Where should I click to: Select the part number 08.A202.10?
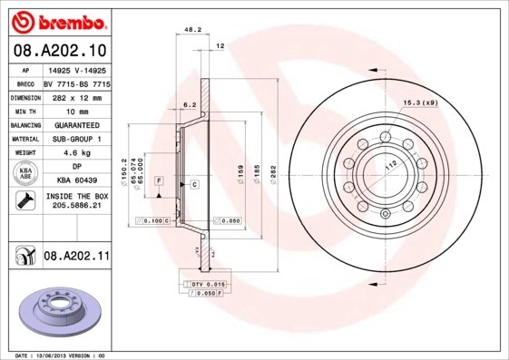click(59, 50)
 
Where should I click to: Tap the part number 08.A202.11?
click(76, 258)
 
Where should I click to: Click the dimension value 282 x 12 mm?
click(76, 96)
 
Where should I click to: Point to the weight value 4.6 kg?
click(76, 153)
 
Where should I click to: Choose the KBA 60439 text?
click(76, 181)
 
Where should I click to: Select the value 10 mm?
click(76, 111)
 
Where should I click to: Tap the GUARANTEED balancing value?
click(76, 125)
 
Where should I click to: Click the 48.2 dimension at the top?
click(192, 30)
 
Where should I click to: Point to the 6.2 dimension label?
click(190, 105)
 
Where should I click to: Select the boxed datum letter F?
click(159, 181)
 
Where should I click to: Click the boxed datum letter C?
click(194, 185)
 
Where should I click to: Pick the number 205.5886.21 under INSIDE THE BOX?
click(76, 206)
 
